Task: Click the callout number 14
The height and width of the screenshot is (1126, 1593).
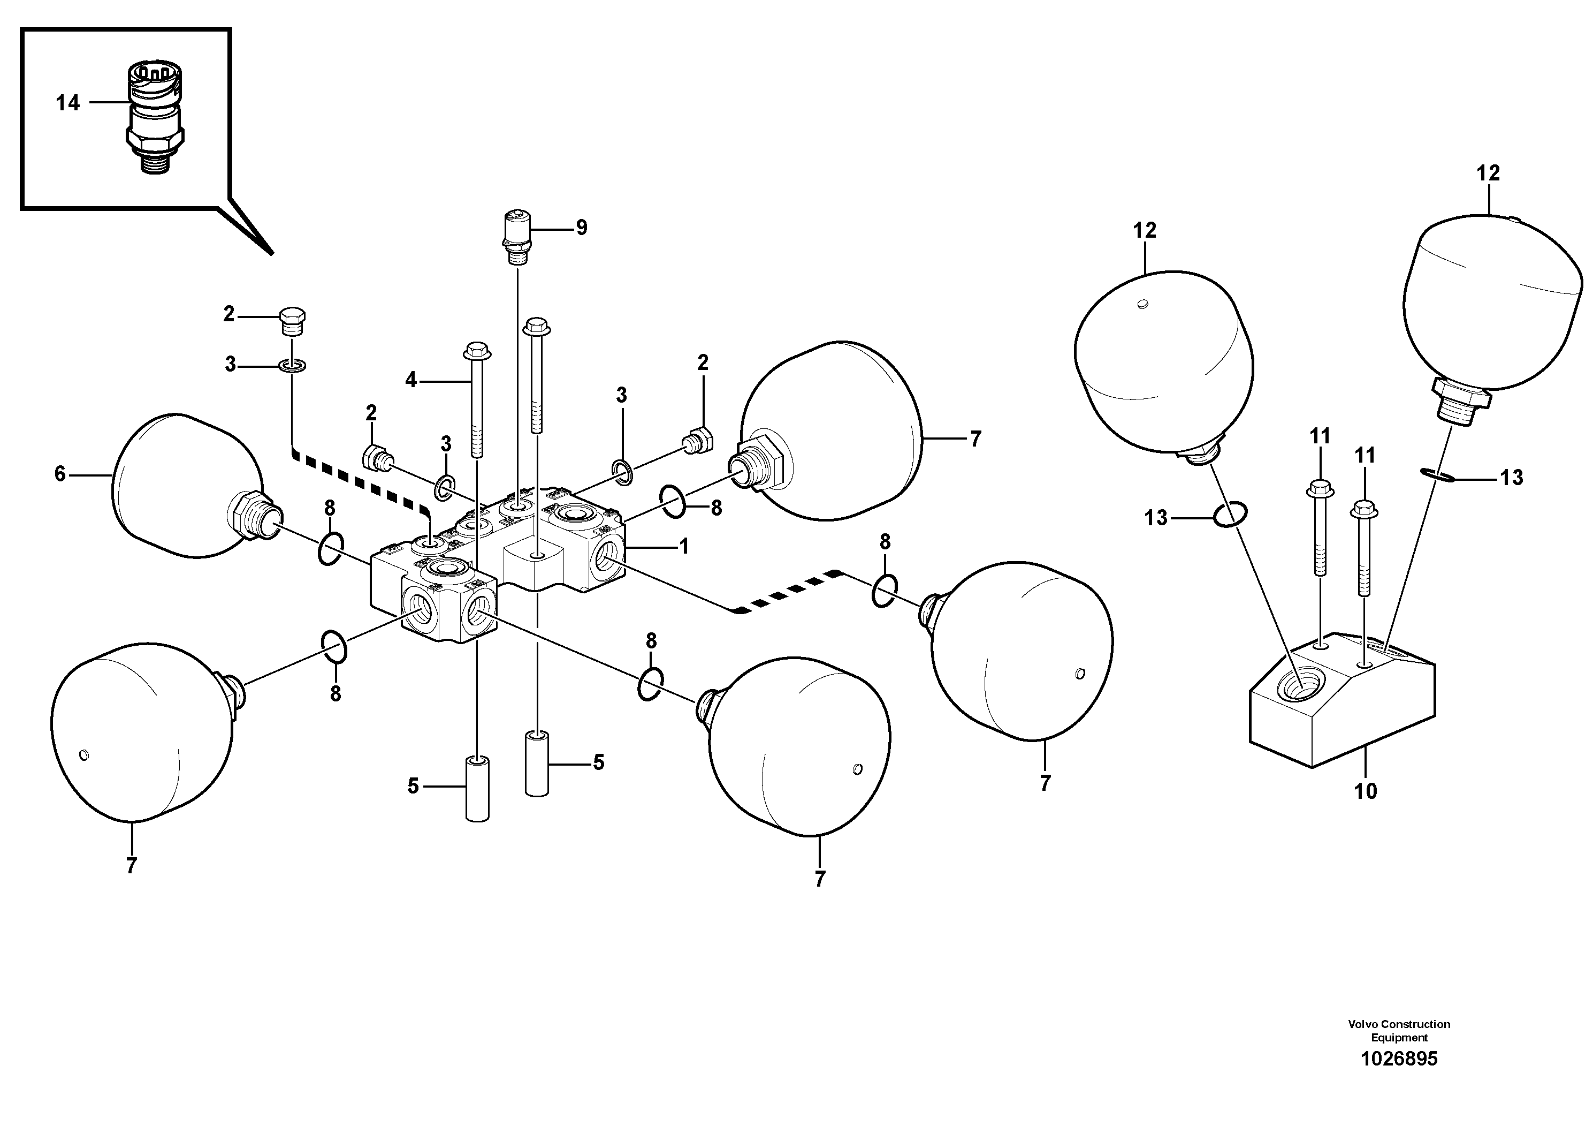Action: [68, 103]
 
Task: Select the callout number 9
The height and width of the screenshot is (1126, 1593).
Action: [582, 228]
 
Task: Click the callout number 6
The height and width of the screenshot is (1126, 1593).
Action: [60, 474]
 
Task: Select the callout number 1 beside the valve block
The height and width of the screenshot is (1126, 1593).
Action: [683, 546]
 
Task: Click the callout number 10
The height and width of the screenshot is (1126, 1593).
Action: [1366, 791]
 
